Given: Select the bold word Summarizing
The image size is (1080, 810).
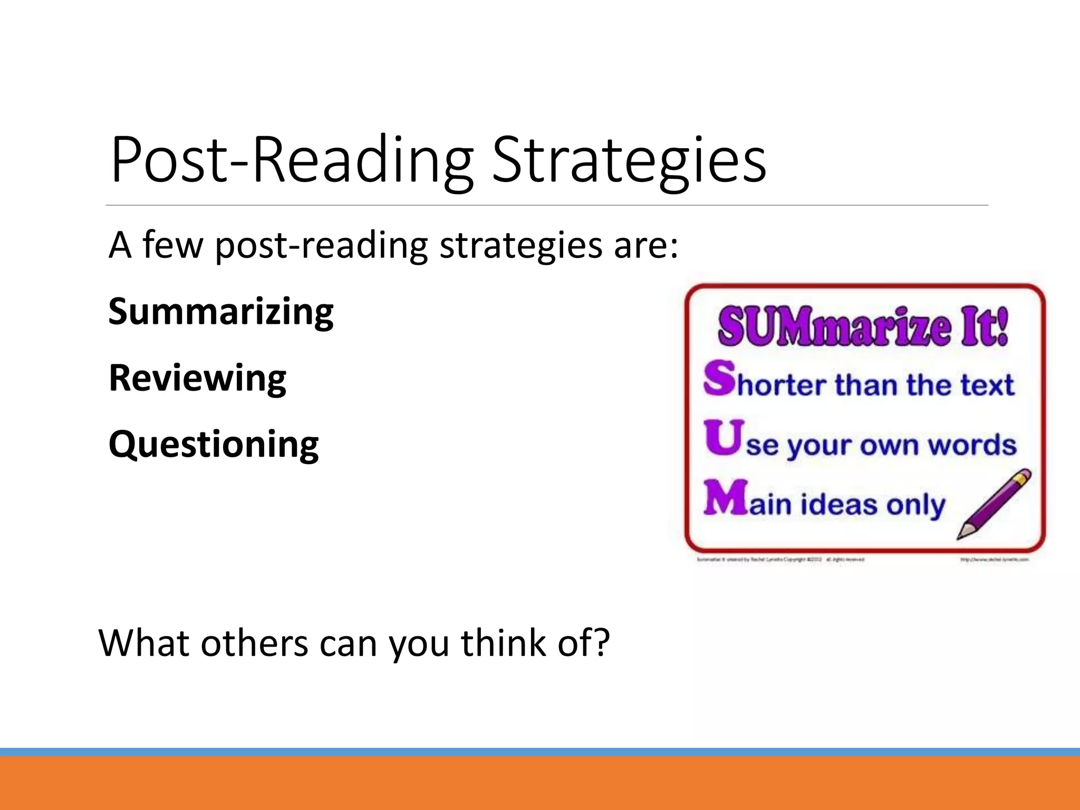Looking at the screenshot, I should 221,312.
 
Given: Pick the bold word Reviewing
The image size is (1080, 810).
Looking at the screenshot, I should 197,379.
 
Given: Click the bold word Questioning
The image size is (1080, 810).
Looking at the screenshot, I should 214,445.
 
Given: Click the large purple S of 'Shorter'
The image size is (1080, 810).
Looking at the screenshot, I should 719,378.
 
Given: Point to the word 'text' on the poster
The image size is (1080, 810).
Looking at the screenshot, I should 987,385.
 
